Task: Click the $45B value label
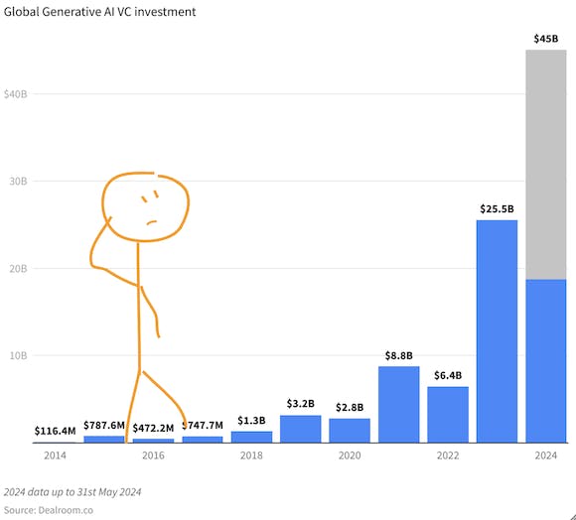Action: pyautogui.click(x=545, y=40)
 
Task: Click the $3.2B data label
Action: pyautogui.click(x=300, y=404)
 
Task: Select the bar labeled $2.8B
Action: pyautogui.click(x=349, y=430)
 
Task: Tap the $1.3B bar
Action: pyautogui.click(x=251, y=437)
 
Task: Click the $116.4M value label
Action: pyautogui.click(x=56, y=432)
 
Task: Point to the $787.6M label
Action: pyautogui.click(x=104, y=426)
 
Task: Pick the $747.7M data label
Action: pyautogui.click(x=203, y=426)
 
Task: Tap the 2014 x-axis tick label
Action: pyautogui.click(x=55, y=455)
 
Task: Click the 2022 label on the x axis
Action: pyautogui.click(x=448, y=455)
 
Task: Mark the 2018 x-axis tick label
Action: pyautogui.click(x=251, y=455)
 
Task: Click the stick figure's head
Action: pyautogui.click(x=146, y=206)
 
